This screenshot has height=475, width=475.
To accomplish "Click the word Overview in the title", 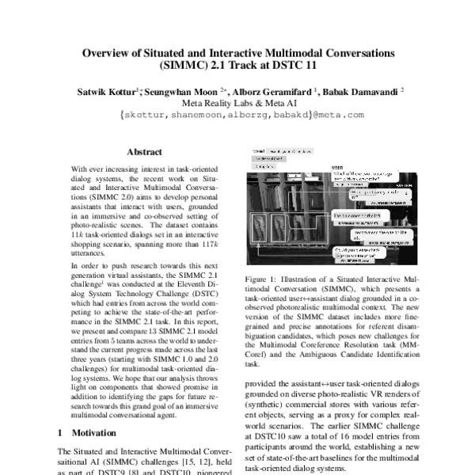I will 108,52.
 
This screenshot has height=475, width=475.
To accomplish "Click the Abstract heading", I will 144,152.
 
